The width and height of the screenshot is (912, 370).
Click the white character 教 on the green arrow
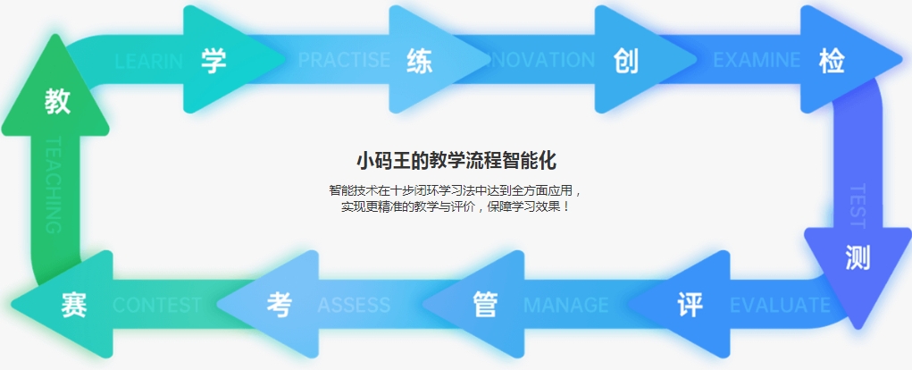coord(58,102)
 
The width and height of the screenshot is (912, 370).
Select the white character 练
coord(419,61)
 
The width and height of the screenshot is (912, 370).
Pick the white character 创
coord(626,61)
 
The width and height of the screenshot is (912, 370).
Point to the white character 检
coord(832,61)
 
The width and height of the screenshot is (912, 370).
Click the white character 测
coord(858,257)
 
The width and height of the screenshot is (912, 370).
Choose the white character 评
coord(690,305)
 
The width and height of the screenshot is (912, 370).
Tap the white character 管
coord(484,305)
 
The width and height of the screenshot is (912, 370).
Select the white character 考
coord(279,305)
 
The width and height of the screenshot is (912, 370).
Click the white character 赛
coord(73,305)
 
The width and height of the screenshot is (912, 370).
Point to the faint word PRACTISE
coord(344,61)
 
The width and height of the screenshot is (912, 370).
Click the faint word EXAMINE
coord(757,61)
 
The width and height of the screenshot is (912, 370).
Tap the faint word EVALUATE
coord(780,306)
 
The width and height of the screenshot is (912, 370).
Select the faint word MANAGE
coord(565,306)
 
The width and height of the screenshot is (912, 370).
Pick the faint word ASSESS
coord(354,306)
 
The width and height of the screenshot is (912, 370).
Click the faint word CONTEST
coord(157,306)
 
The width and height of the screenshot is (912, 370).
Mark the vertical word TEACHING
coord(53,185)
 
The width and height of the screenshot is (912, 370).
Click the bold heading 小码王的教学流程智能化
coord(456,161)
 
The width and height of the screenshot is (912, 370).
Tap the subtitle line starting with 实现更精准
coord(456,206)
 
